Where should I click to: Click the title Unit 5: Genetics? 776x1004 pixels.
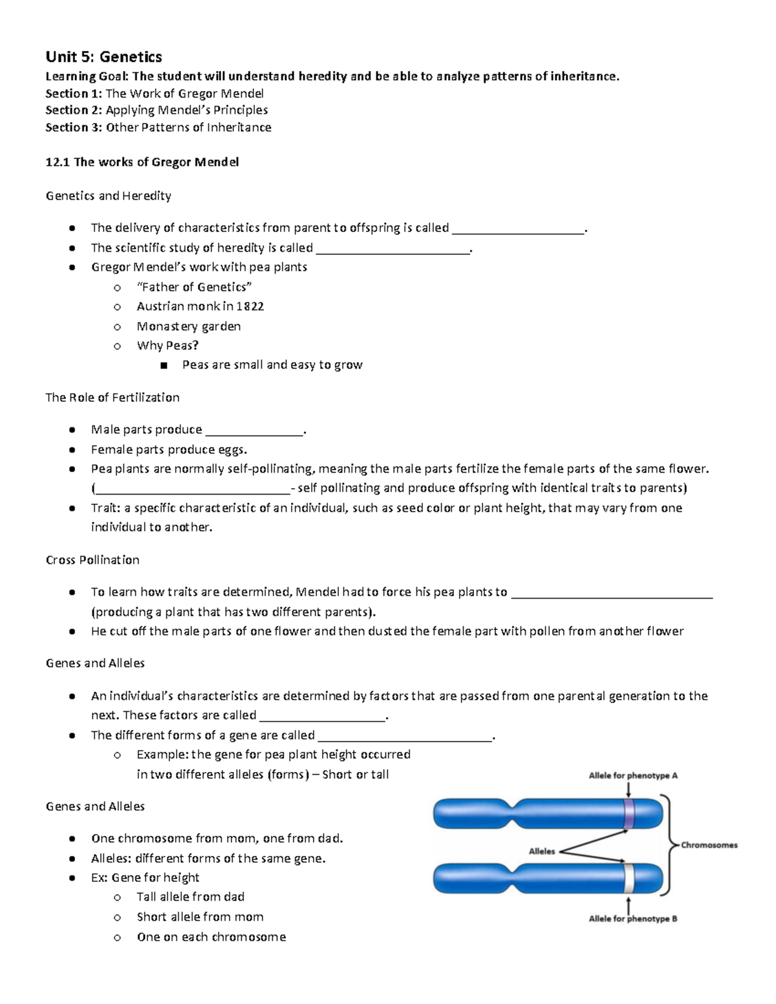(x=103, y=57)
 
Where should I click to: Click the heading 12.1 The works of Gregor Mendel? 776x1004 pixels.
(x=142, y=162)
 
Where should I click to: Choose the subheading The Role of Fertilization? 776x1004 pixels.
(x=113, y=397)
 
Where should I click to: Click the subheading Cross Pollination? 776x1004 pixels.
(x=92, y=559)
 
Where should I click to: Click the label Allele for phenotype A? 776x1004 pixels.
(x=632, y=775)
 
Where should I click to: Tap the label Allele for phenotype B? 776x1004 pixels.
(x=632, y=918)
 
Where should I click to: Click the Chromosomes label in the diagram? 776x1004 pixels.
(x=709, y=844)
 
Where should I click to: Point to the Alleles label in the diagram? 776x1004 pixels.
(x=542, y=851)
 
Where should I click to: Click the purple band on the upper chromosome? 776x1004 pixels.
(x=629, y=813)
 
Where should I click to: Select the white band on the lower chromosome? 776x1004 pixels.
(x=629, y=877)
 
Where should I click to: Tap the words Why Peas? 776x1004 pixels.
(x=167, y=345)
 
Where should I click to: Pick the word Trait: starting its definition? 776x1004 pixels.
(x=105, y=507)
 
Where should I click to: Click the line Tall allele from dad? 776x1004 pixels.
(x=190, y=897)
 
